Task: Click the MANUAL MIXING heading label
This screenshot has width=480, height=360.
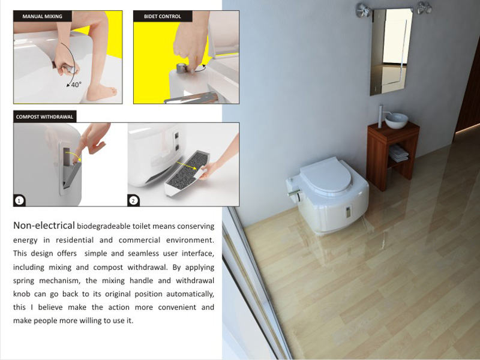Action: pyautogui.click(x=42, y=16)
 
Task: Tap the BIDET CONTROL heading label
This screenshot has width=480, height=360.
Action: pyautogui.click(x=163, y=16)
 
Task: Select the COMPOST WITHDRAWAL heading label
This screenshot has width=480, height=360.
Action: pyautogui.click(x=44, y=116)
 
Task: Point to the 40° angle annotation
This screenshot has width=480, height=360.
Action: pyautogui.click(x=76, y=84)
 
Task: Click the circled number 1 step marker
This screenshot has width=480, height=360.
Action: pyautogui.click(x=19, y=201)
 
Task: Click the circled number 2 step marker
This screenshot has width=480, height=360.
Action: pyautogui.click(x=133, y=201)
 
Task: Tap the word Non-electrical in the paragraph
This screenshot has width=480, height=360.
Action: pyautogui.click(x=44, y=226)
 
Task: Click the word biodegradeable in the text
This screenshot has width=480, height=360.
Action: pyautogui.click(x=103, y=226)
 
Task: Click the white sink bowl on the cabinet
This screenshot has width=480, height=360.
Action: pyautogui.click(x=397, y=121)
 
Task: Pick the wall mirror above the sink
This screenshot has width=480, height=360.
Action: pyautogui.click(x=391, y=52)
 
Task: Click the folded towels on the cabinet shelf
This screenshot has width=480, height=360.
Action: pyautogui.click(x=398, y=153)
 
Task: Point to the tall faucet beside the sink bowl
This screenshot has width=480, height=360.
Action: pyautogui.click(x=380, y=116)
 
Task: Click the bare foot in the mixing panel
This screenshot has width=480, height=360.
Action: pyautogui.click(x=101, y=92)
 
